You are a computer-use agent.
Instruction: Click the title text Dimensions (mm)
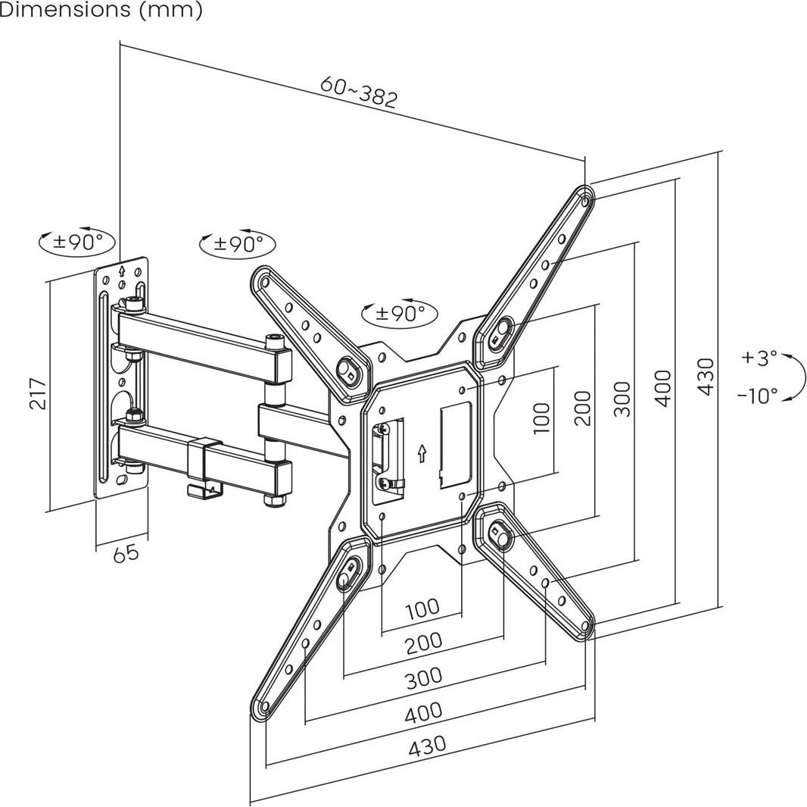point(101,11)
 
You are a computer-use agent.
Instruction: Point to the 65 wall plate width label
point(126,553)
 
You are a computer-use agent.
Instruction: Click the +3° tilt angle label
point(759,358)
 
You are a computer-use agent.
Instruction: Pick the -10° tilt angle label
point(757,395)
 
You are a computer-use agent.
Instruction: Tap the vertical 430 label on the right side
point(705,376)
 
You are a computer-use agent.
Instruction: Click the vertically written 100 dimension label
point(541,418)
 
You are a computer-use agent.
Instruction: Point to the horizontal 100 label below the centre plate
point(422,607)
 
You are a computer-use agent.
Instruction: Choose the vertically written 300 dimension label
point(622,399)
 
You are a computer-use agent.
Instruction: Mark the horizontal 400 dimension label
point(423,712)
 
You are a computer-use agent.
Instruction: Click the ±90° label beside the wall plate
point(77,242)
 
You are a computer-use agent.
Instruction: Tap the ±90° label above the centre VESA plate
point(400,313)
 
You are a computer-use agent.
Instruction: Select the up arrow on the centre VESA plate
point(422,453)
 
